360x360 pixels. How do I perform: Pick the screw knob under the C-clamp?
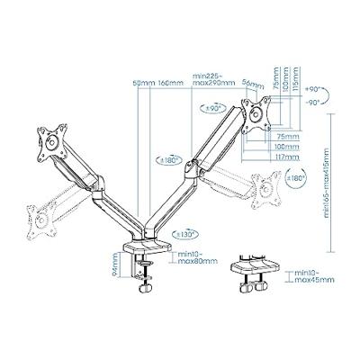pos(143,290)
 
